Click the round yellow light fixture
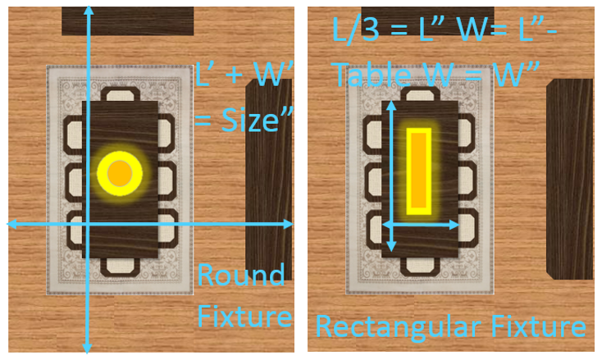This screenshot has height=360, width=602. coord(120,173)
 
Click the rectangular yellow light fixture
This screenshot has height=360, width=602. coord(419,170)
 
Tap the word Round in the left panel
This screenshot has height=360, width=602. coord(241,275)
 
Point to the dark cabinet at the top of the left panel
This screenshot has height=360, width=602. coord(128,21)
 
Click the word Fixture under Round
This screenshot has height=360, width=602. coord(245,316)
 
